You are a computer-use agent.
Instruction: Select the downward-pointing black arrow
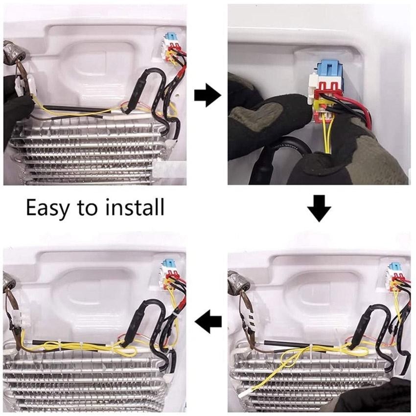click(319, 208)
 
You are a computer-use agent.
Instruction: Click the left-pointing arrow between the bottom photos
click(208, 322)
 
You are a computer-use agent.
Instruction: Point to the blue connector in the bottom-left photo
click(167, 264)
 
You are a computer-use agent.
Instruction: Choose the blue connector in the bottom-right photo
click(393, 267)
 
